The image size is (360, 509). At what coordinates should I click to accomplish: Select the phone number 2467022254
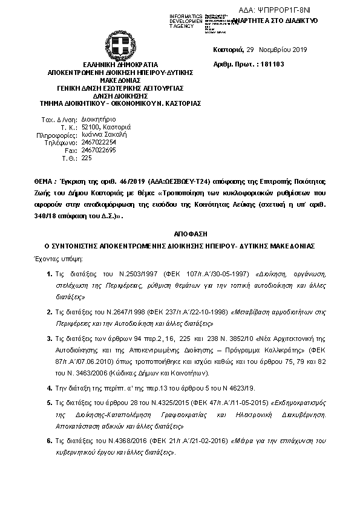99,142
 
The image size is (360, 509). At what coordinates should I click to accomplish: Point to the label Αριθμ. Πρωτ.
234,64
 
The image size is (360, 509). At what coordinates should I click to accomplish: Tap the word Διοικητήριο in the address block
99,120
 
